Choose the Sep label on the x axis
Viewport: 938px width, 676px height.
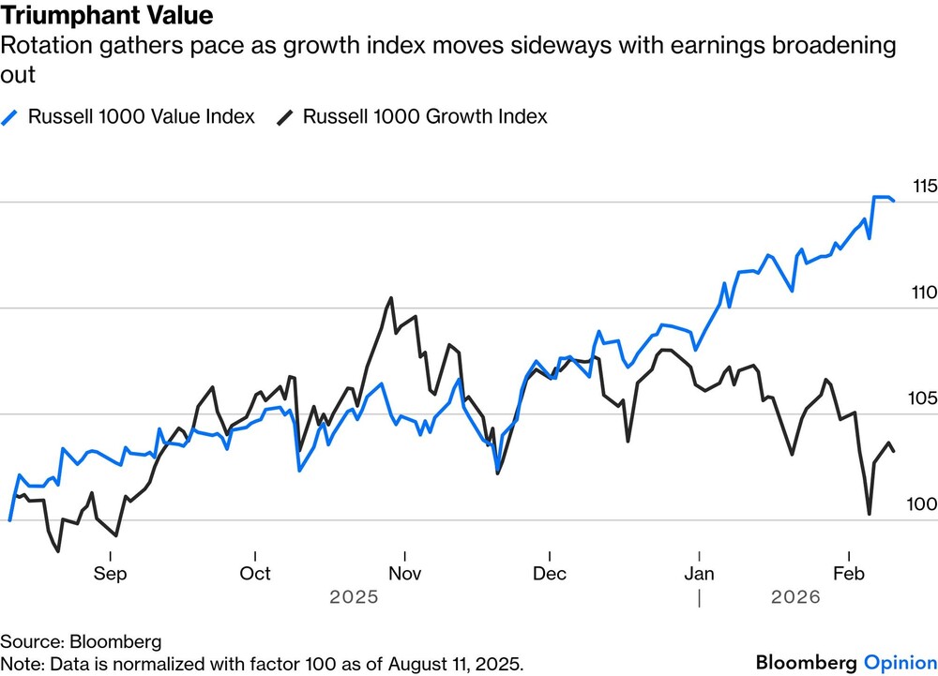point(110,574)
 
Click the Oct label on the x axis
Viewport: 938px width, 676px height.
point(255,574)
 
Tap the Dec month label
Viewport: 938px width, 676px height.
point(550,574)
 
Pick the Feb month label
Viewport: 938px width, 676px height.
point(849,574)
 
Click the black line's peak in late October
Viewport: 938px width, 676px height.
point(390,298)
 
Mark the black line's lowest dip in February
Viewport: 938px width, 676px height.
point(869,514)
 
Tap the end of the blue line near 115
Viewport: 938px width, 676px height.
point(893,201)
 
